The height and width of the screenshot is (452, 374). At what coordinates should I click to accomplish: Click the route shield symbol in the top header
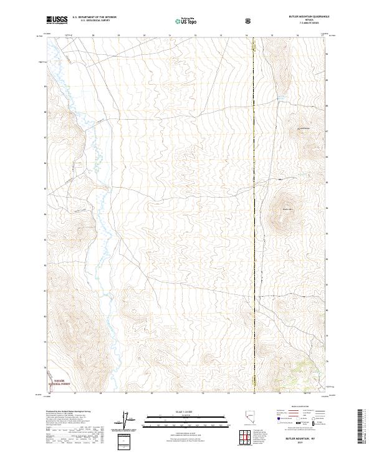click(249, 21)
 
